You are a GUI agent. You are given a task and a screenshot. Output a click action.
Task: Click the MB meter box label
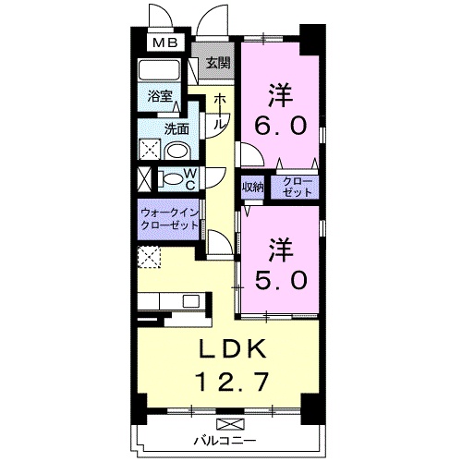pyautogui.click(x=165, y=43)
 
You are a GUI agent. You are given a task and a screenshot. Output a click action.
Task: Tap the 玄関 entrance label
pyautogui.click(x=218, y=64)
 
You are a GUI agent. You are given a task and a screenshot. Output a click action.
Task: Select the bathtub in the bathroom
pyautogui.click(x=159, y=70)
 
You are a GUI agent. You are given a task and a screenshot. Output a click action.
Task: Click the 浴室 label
pyautogui.click(x=160, y=96)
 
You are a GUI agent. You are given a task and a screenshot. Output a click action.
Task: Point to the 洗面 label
pyautogui.click(x=176, y=129)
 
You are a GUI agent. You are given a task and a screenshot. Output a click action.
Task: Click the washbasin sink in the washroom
pyautogui.click(x=178, y=152)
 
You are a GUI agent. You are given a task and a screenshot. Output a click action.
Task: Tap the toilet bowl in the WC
pyautogui.click(x=171, y=179)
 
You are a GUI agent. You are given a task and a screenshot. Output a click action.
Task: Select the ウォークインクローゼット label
pyautogui.click(x=169, y=219)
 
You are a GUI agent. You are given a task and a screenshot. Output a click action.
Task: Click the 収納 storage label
pyautogui.click(x=252, y=187)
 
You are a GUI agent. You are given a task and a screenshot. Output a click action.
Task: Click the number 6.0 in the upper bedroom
pyautogui.click(x=280, y=126)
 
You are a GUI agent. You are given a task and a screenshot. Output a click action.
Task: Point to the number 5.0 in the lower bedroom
pyautogui.click(x=281, y=280)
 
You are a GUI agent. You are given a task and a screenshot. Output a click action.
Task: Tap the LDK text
pyautogui.click(x=233, y=348)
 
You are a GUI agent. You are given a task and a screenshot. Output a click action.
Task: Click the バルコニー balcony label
pyautogui.click(x=225, y=441)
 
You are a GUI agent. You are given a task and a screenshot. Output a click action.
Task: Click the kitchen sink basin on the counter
pyautogui.click(x=190, y=301)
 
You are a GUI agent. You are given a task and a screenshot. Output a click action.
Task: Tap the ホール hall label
pyautogui.click(x=220, y=112)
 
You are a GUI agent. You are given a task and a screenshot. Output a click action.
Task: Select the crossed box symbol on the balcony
pyautogui.click(x=230, y=424)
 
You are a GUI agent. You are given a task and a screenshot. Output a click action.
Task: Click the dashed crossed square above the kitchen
pyautogui.click(x=149, y=257)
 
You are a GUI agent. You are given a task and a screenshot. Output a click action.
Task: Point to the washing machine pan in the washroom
pyautogui.click(x=150, y=150)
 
